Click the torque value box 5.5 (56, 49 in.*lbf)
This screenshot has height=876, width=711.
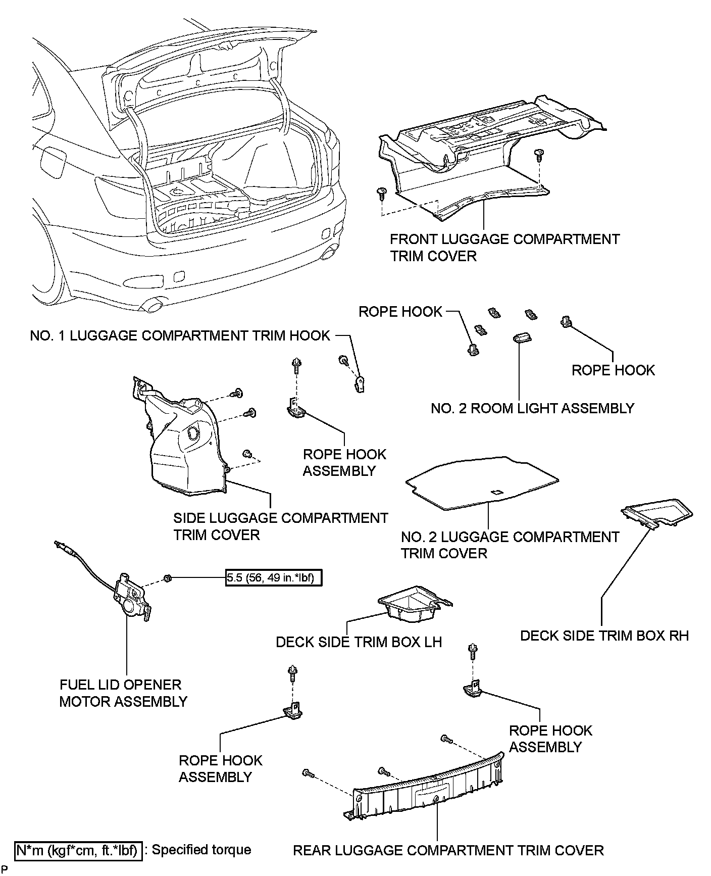point(273,577)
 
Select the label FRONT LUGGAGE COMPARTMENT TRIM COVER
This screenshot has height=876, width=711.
point(504,247)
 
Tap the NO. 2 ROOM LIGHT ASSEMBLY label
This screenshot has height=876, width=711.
point(532,408)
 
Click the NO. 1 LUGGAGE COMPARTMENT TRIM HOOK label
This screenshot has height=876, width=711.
point(180,335)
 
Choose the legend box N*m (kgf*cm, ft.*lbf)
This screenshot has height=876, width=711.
point(77,850)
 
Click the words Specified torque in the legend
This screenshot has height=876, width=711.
point(201,850)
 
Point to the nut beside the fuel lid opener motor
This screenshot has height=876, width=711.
point(167,577)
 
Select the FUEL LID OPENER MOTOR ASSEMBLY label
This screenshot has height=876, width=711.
point(123,693)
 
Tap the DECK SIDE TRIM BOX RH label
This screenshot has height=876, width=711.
point(604,636)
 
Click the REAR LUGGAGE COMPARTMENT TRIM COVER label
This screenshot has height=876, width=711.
point(448,850)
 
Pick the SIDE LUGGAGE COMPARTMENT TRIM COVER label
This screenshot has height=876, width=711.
point(281,526)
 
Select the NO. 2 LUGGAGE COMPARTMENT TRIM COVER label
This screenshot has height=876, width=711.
point(510,545)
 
